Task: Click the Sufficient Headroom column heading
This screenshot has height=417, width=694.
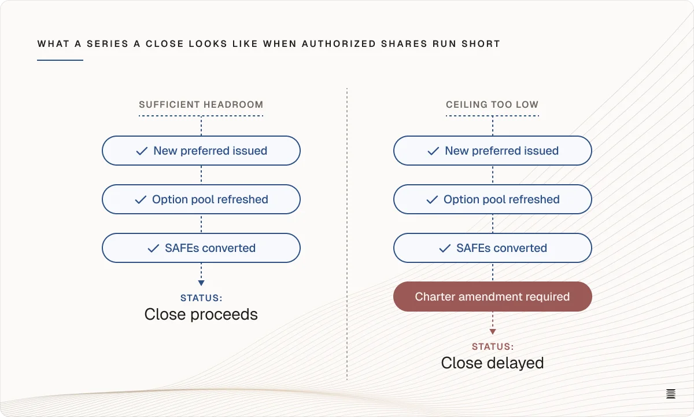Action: pyautogui.click(x=201, y=105)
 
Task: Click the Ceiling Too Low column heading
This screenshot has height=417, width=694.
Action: pyautogui.click(x=492, y=105)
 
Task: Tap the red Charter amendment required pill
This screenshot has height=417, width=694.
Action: pyautogui.click(x=493, y=297)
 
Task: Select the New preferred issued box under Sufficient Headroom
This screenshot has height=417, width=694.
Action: pyautogui.click(x=201, y=151)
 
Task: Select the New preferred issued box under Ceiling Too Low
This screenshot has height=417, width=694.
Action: pyautogui.click(x=493, y=151)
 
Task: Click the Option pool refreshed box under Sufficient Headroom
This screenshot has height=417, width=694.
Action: pyautogui.click(x=201, y=199)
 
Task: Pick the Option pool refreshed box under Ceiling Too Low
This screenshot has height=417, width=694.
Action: pyautogui.click(x=493, y=199)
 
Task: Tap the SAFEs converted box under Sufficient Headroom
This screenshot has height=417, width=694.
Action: pyautogui.click(x=201, y=248)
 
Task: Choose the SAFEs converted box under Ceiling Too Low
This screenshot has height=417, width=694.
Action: pyautogui.click(x=493, y=248)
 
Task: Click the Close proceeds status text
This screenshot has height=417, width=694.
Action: pyautogui.click(x=201, y=314)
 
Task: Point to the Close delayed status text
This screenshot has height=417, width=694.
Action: pyautogui.click(x=492, y=363)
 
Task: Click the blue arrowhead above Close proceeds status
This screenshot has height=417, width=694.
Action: pyautogui.click(x=201, y=283)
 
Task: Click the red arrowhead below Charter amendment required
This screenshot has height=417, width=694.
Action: pyautogui.click(x=493, y=332)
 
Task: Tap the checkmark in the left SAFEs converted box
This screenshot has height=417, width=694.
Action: pyautogui.click(x=153, y=248)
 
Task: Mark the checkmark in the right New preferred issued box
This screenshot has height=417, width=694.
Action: pyautogui.click(x=433, y=151)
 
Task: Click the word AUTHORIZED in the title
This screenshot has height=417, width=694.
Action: pyautogui.click(x=339, y=44)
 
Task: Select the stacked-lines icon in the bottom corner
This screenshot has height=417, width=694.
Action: pyautogui.click(x=671, y=394)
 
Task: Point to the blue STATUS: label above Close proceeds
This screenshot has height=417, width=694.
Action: pyautogui.click(x=201, y=298)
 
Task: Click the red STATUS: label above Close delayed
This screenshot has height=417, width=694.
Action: pyautogui.click(x=493, y=346)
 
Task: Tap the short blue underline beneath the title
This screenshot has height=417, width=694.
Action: pyautogui.click(x=60, y=60)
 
